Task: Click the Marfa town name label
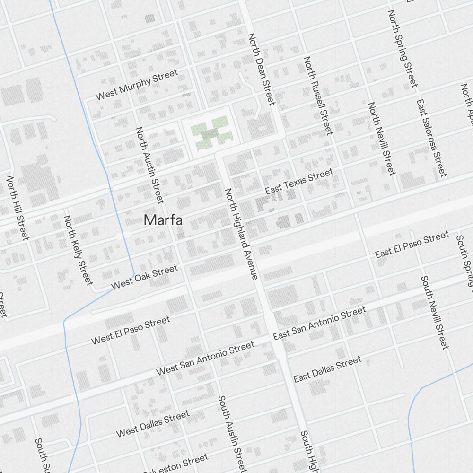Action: [x=163, y=220]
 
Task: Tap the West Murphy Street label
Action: [x=137, y=84]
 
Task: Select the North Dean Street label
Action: [x=261, y=69]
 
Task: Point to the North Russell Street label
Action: [x=318, y=95]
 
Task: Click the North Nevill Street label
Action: [x=381, y=138]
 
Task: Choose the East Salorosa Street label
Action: [x=431, y=138]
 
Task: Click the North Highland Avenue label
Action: [x=241, y=233]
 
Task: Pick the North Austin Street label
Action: [x=150, y=165]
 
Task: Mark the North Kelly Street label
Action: [x=78, y=250]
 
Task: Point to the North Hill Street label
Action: [x=18, y=208]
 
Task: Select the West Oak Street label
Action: [x=144, y=277]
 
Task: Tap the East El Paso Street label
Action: [x=412, y=244]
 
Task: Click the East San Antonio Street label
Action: [x=319, y=323]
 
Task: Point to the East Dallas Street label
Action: [x=327, y=369]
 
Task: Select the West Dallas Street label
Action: [x=153, y=424]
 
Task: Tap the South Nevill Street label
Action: [x=434, y=312]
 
